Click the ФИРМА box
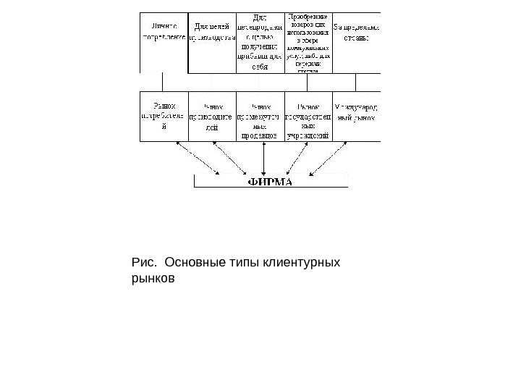coord(271,181)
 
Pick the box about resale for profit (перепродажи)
coord(260,42)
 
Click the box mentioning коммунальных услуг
coord(309,42)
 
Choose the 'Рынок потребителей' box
coord(164,116)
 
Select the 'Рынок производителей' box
coord(212,116)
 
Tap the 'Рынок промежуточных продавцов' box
coord(260,116)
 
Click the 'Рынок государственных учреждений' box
coord(309,116)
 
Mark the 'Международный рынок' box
coord(357,116)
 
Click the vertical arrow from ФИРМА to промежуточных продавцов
coord(265,157)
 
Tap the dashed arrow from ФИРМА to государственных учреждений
coord(300,157)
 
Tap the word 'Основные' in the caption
coord(190,260)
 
